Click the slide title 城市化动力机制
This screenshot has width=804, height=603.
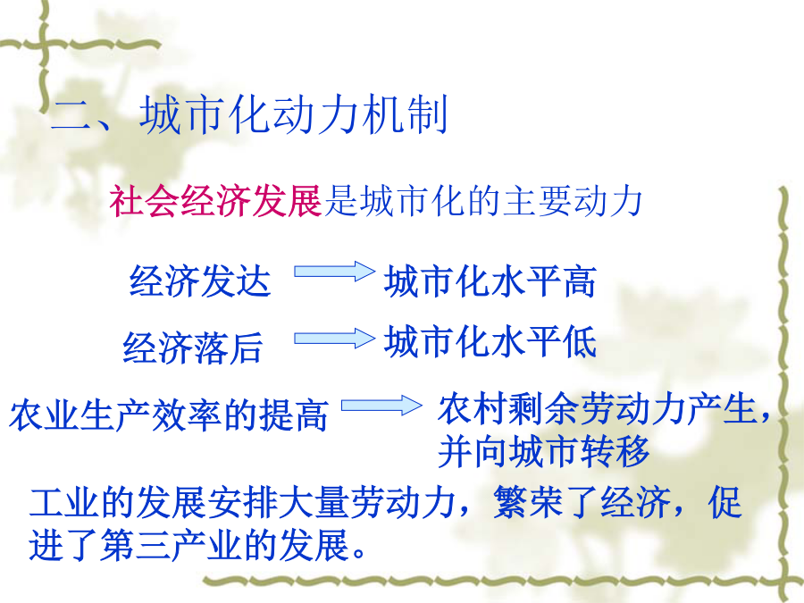click(294, 114)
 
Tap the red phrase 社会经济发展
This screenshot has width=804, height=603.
click(215, 200)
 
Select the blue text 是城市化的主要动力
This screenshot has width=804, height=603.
click(483, 200)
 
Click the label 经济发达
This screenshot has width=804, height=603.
click(200, 281)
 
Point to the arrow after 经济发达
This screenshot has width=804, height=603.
click(334, 272)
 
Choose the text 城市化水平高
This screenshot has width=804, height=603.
click(490, 281)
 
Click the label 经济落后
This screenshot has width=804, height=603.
click(193, 348)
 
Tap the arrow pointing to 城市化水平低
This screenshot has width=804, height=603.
click(334, 339)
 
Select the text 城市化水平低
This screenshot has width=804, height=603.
click(490, 341)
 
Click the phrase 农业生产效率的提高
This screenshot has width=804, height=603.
click(169, 415)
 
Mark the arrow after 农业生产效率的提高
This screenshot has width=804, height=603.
click(381, 405)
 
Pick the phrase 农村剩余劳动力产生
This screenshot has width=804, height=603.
click(598, 408)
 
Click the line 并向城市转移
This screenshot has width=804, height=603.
click(543, 451)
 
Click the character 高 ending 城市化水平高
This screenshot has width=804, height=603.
click(580, 281)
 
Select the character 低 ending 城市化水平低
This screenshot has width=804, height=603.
click(580, 341)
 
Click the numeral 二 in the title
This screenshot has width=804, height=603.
click(71, 115)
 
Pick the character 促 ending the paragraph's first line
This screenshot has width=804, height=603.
click(724, 501)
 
